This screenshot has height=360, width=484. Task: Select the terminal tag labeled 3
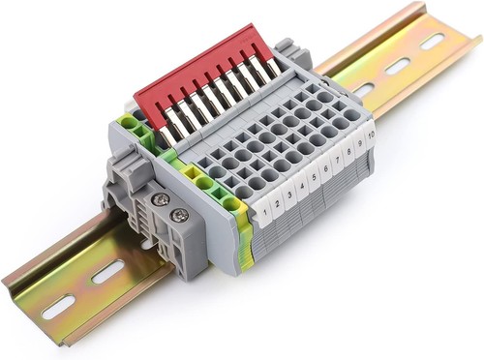click(289, 194)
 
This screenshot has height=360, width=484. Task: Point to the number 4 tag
click(302, 186)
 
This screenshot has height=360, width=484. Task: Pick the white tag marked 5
click(314, 177)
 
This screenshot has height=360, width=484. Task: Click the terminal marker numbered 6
click(326, 168)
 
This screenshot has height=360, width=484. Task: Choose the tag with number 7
click(338, 160)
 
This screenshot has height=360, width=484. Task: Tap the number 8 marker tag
click(349, 151)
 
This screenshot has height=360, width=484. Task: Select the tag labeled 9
click(360, 143)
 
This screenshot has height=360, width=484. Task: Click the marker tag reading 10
click(371, 135)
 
